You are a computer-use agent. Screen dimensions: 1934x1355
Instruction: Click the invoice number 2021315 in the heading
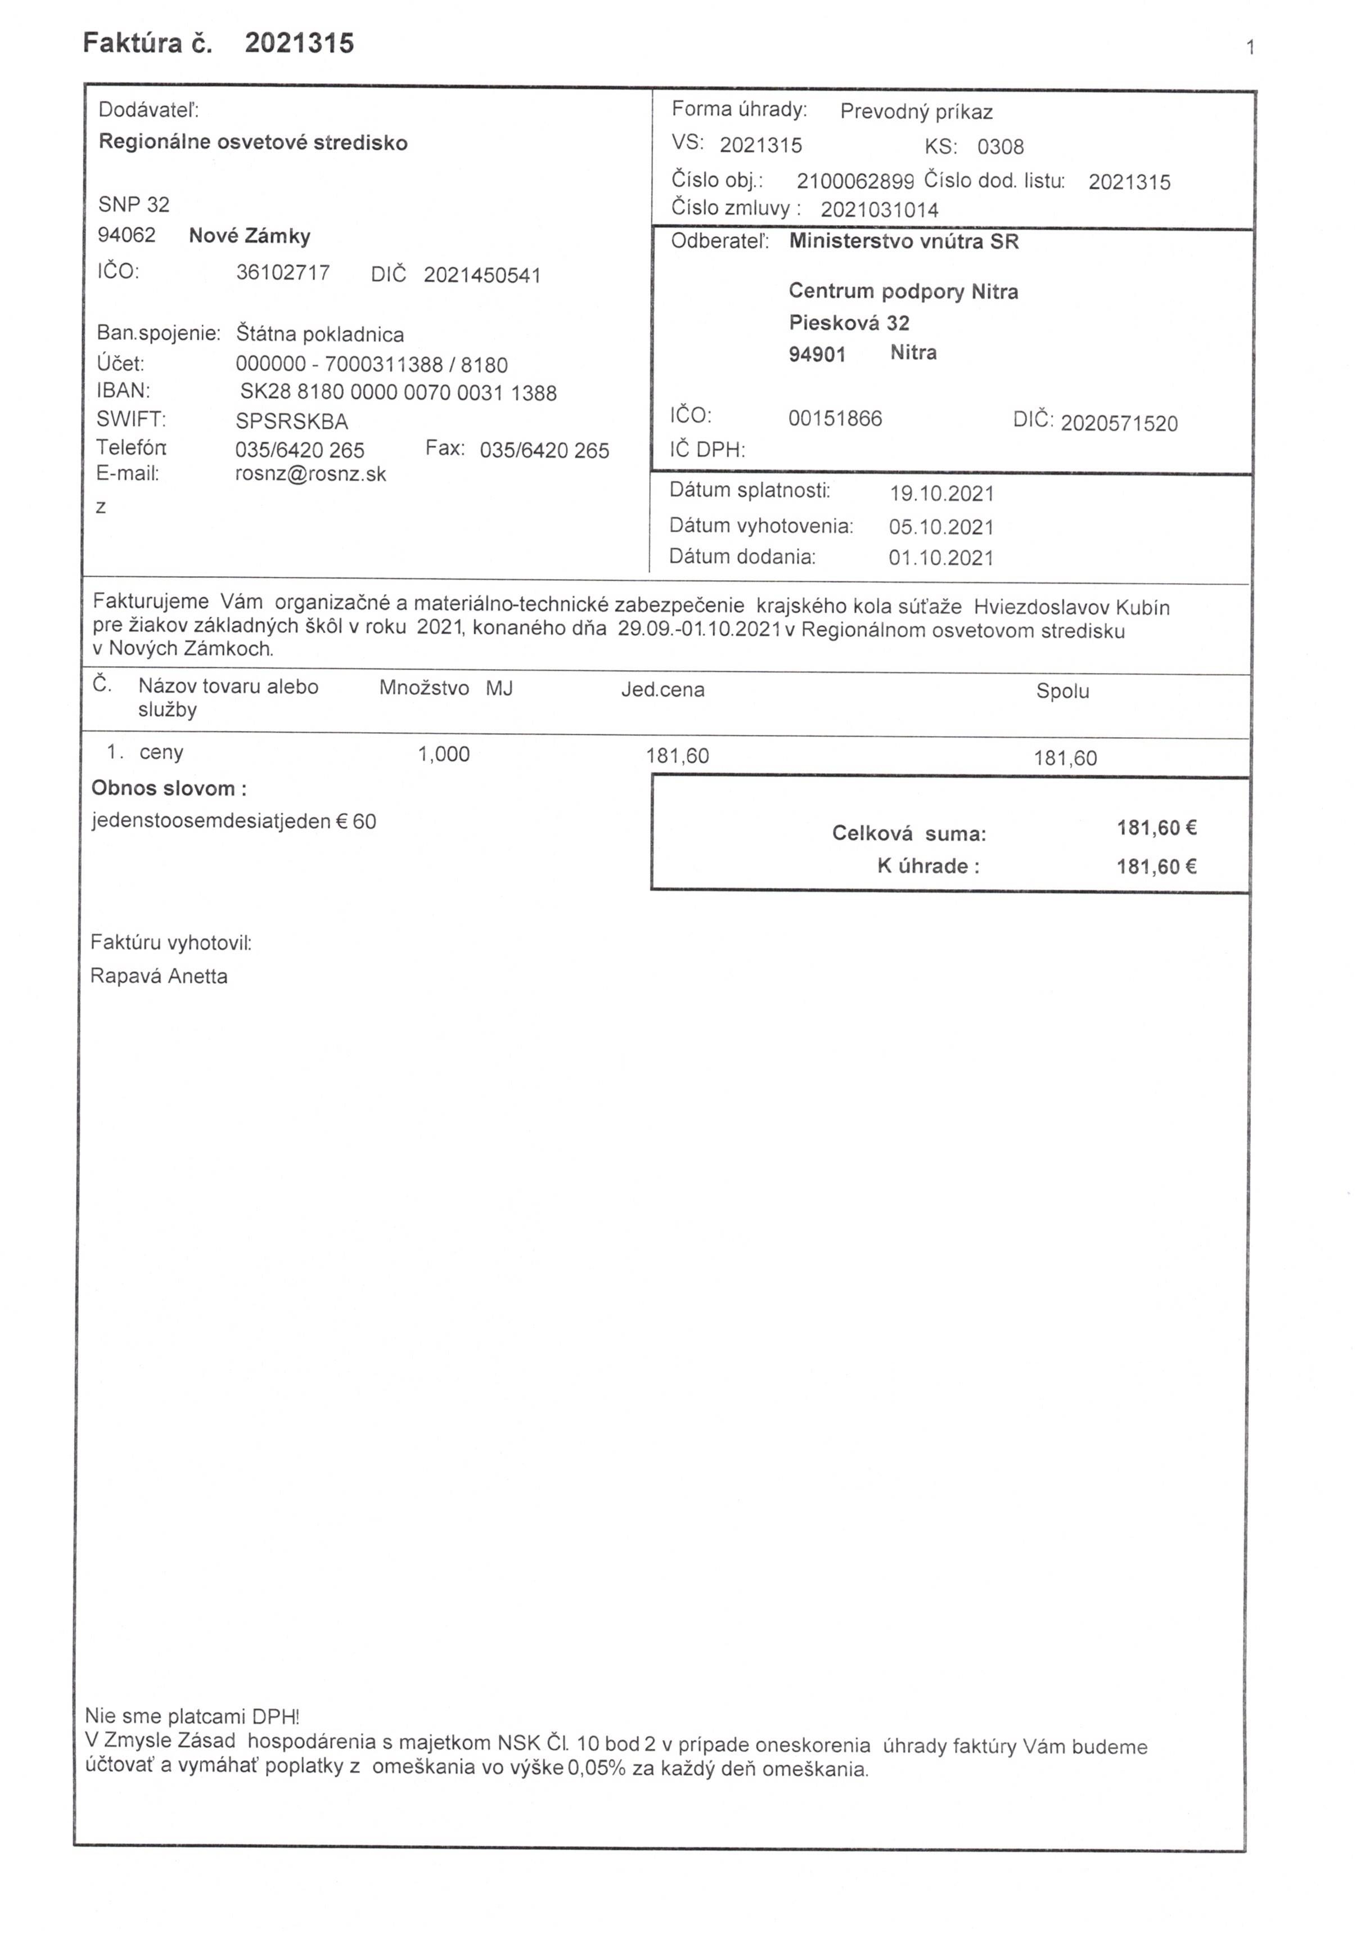click(299, 43)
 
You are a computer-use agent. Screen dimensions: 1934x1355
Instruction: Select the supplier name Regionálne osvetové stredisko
click(253, 142)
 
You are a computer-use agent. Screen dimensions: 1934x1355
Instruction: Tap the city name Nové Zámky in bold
click(249, 236)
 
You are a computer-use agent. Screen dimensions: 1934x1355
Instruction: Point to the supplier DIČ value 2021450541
click(481, 276)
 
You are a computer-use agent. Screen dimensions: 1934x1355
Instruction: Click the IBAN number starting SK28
click(398, 393)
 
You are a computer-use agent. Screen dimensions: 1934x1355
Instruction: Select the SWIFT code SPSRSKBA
click(291, 421)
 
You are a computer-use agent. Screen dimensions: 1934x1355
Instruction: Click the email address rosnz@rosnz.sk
click(310, 474)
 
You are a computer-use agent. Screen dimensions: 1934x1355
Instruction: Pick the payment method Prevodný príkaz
click(916, 112)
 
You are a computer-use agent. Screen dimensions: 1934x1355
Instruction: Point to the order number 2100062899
click(855, 182)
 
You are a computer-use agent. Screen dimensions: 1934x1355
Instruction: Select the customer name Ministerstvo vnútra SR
click(903, 243)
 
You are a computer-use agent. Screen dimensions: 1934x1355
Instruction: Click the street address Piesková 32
click(849, 322)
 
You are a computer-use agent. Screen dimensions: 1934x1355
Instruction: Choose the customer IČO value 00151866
click(835, 419)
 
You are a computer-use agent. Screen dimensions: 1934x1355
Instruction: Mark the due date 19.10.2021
click(942, 493)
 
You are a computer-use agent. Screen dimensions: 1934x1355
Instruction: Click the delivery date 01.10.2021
click(940, 558)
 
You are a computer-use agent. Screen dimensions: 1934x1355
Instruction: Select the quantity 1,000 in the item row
click(444, 755)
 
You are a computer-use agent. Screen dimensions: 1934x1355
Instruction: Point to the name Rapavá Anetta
click(159, 976)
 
